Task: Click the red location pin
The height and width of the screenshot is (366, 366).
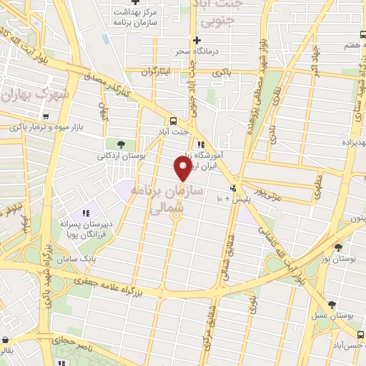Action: (182, 169)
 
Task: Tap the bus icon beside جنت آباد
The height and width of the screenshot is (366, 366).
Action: (174, 120)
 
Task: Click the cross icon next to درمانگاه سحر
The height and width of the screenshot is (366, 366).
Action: (196, 39)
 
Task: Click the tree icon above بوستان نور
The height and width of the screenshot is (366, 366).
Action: (338, 247)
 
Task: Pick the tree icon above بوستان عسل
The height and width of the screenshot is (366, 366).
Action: (331, 303)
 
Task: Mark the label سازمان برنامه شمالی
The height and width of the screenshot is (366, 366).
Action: (174, 201)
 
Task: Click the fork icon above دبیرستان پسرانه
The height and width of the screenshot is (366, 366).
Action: (85, 212)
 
